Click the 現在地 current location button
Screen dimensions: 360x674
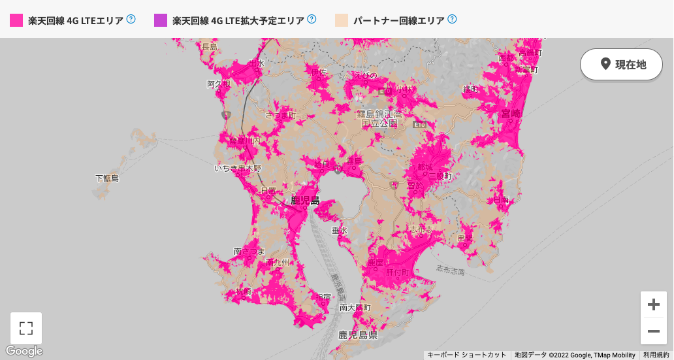click(621, 64)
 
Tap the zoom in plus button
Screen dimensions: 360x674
click(653, 304)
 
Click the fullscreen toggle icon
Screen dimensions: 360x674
click(26, 328)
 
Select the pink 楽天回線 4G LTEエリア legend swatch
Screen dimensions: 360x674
click(16, 20)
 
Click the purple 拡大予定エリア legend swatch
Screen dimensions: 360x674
click(161, 20)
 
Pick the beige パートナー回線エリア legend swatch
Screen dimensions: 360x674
click(342, 20)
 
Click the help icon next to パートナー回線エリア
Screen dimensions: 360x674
click(452, 20)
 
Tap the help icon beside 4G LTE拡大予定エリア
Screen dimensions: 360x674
click(312, 20)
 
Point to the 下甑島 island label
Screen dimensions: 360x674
click(107, 178)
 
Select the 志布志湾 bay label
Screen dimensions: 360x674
click(450, 270)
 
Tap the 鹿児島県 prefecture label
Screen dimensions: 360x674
click(358, 335)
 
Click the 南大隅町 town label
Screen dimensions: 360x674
click(355, 307)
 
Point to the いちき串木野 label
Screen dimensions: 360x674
click(238, 168)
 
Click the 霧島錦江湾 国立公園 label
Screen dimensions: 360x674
click(379, 118)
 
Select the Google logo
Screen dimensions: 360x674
click(24, 351)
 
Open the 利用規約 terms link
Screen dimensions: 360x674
click(656, 355)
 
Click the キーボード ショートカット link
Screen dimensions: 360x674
click(466, 355)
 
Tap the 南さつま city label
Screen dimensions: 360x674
click(249, 251)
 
